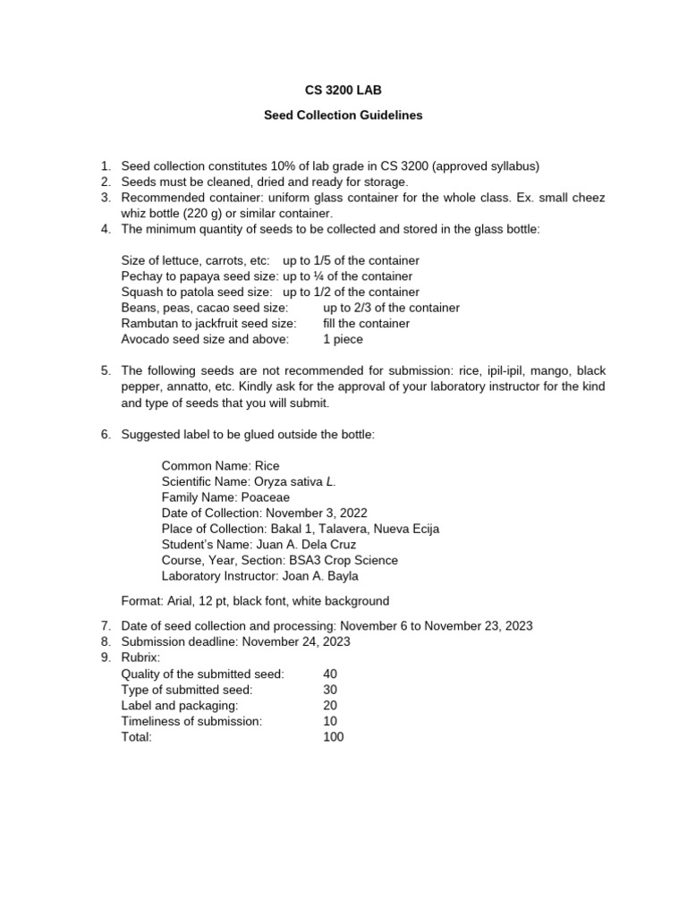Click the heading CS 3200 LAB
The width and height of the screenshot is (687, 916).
(343, 90)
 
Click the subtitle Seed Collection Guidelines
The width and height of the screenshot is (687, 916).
(343, 115)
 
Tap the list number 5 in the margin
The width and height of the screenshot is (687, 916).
(105, 370)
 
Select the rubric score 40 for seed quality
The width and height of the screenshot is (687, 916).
(330, 674)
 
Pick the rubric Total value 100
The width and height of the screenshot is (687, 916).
(333, 737)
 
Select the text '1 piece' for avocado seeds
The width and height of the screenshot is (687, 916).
(343, 339)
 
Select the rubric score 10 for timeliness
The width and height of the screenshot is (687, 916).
(330, 721)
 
